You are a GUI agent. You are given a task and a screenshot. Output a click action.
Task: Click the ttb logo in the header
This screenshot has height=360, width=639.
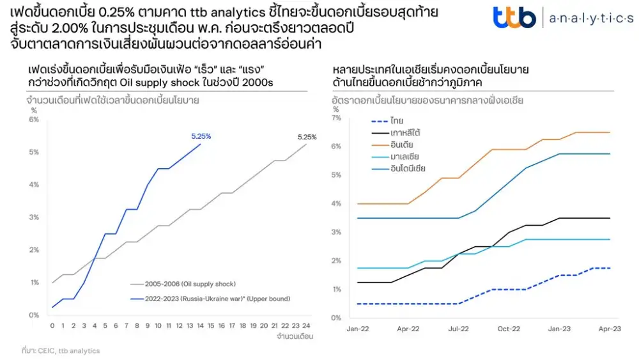click(x=514, y=17)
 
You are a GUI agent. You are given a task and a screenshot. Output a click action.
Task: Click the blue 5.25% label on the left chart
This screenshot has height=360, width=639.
click(x=201, y=136)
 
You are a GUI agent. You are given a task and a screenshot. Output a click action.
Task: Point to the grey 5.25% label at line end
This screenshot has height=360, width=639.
click(x=307, y=137)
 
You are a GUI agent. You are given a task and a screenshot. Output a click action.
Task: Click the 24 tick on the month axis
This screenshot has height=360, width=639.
click(x=306, y=325)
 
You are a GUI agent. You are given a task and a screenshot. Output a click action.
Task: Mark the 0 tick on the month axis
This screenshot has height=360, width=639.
click(x=52, y=325)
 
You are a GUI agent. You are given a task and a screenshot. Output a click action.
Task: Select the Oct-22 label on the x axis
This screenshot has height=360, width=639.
click(x=509, y=329)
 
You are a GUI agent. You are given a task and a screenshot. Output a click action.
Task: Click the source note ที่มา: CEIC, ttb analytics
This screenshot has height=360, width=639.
click(x=61, y=350)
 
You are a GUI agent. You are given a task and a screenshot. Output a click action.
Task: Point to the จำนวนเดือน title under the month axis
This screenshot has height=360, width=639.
click(x=295, y=336)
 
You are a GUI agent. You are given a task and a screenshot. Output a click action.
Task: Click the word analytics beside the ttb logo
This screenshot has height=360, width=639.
click(x=591, y=19)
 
